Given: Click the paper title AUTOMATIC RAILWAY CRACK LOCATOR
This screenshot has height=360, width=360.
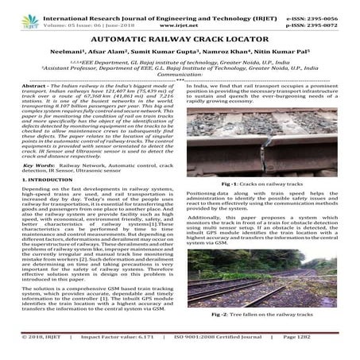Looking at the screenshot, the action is click(x=180, y=39).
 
